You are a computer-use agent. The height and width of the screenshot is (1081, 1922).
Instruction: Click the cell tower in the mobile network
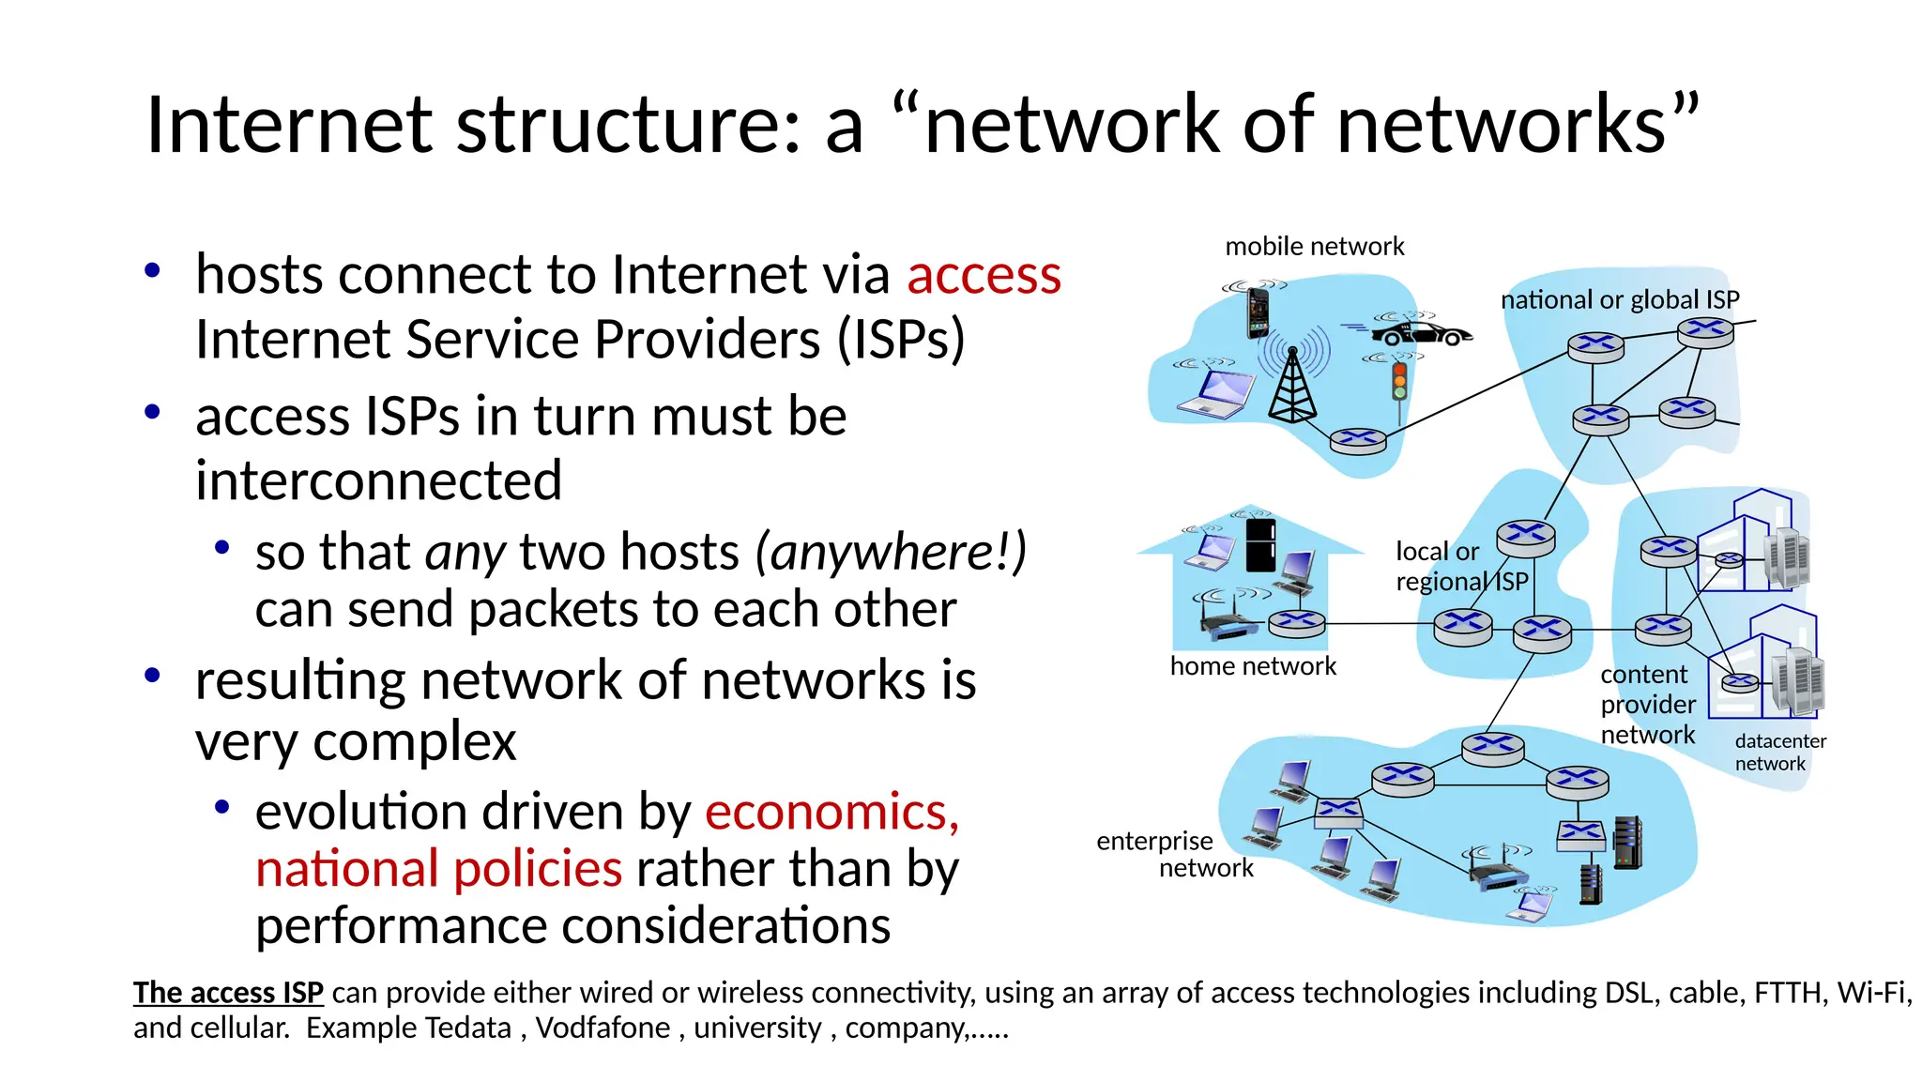[1292, 385]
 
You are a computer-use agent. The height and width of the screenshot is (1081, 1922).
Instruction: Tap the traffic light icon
[1399, 381]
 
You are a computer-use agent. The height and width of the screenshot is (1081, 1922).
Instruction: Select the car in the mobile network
[1421, 333]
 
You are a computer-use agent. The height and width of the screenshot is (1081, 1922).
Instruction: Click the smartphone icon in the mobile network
[1258, 312]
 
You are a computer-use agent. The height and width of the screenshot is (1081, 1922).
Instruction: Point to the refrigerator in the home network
[1260, 544]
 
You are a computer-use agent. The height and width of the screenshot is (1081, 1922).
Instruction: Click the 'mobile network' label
[1314, 247]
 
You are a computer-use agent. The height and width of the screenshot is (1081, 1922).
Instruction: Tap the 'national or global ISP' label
[1620, 300]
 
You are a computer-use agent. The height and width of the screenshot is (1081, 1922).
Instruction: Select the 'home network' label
[1253, 666]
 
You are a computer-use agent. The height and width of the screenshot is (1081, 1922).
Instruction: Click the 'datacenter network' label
[1779, 752]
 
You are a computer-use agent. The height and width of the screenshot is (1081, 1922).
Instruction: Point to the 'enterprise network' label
[1174, 854]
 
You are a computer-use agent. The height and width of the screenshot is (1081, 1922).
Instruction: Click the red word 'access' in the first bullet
[984, 276]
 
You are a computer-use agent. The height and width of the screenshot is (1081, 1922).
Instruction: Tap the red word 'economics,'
[831, 812]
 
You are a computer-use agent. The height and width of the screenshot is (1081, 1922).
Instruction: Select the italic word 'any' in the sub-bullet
[465, 553]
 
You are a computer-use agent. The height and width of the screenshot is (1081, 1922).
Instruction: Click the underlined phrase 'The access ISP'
[228, 993]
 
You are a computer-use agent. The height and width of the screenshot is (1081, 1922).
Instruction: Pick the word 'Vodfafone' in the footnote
[603, 1028]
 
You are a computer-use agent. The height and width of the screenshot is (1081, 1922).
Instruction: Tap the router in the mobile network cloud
[1357, 440]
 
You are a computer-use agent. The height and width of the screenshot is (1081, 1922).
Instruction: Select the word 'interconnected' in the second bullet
[378, 481]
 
